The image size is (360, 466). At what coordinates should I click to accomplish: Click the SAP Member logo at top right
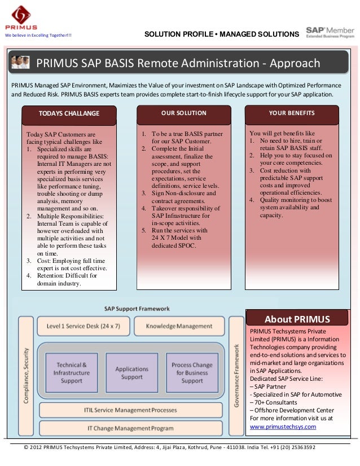[330, 32]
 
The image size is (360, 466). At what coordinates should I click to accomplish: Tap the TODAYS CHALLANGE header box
[68, 113]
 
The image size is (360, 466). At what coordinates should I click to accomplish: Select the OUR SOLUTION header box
[184, 113]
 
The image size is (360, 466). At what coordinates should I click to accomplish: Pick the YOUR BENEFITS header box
[291, 113]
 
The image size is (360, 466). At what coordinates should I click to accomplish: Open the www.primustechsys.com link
[283, 427]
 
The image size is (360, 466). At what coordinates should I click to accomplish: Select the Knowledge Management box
[179, 327]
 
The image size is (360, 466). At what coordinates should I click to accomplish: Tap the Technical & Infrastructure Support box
[72, 373]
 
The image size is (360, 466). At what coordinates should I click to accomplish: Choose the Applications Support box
[131, 373]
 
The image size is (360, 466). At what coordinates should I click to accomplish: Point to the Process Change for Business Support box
[192, 373]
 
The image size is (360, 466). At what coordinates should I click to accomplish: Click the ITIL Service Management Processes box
[130, 410]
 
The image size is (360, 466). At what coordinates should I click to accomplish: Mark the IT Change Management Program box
[130, 428]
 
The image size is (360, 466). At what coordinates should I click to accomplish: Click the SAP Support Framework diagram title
[137, 309]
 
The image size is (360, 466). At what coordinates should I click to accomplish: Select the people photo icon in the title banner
[21, 63]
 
